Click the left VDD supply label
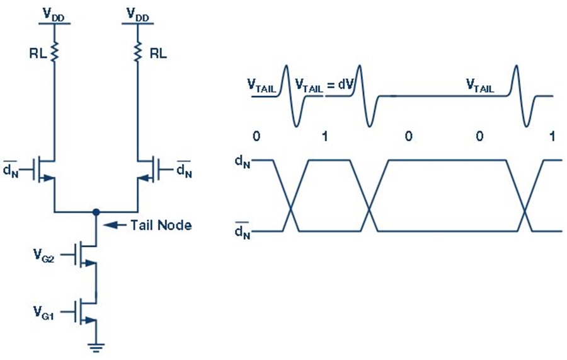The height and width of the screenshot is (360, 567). point(54,15)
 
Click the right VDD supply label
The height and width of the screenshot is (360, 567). point(138,15)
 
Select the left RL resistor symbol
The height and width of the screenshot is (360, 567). point(54,52)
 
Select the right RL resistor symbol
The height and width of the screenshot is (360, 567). point(137,52)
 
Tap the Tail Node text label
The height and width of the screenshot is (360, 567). point(161,225)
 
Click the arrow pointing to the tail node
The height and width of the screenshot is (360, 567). point(115,225)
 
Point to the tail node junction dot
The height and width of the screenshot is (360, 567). point(96,212)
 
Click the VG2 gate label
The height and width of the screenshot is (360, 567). point(43,255)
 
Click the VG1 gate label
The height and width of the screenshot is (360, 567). point(43,312)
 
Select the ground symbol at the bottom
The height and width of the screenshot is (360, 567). point(96,347)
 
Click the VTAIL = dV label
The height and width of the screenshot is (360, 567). point(324,85)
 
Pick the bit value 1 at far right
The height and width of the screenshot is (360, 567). point(552,136)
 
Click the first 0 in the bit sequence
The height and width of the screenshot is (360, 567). point(256,136)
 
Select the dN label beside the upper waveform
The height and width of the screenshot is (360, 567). point(243,161)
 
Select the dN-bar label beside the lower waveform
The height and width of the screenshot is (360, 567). point(243,231)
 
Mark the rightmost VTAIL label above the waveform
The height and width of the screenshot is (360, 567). point(480,86)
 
